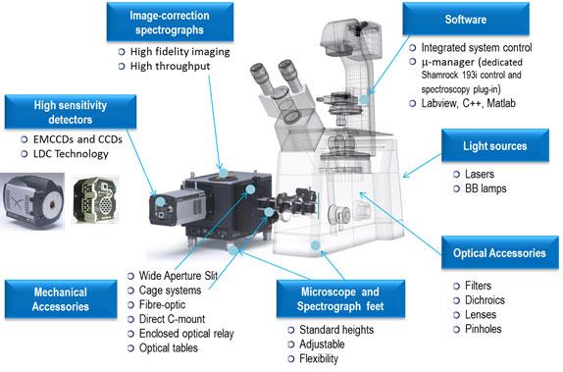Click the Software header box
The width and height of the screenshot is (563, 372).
466,19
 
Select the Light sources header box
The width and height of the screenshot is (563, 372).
494,145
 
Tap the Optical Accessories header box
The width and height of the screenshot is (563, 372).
499,252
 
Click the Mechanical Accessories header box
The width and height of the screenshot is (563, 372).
61,299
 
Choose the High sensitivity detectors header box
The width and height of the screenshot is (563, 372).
71,112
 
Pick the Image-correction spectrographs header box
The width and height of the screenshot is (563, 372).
170,22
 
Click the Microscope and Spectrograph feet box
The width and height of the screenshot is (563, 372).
340,298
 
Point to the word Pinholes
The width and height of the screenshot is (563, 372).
483,329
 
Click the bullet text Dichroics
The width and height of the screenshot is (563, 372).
485,300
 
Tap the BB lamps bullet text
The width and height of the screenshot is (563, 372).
486,188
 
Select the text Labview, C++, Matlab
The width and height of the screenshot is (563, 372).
468,103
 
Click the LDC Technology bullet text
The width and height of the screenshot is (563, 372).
71,154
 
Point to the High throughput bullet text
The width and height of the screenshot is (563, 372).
171,66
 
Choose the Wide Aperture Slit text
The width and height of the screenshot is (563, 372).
179,276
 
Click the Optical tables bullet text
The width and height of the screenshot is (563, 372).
169,347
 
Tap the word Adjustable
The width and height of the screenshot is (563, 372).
322,345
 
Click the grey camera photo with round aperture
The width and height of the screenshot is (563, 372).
32,200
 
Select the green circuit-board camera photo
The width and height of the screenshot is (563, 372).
95,200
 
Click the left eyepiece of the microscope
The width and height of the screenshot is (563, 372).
260,78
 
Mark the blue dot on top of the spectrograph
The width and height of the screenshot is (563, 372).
224,174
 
